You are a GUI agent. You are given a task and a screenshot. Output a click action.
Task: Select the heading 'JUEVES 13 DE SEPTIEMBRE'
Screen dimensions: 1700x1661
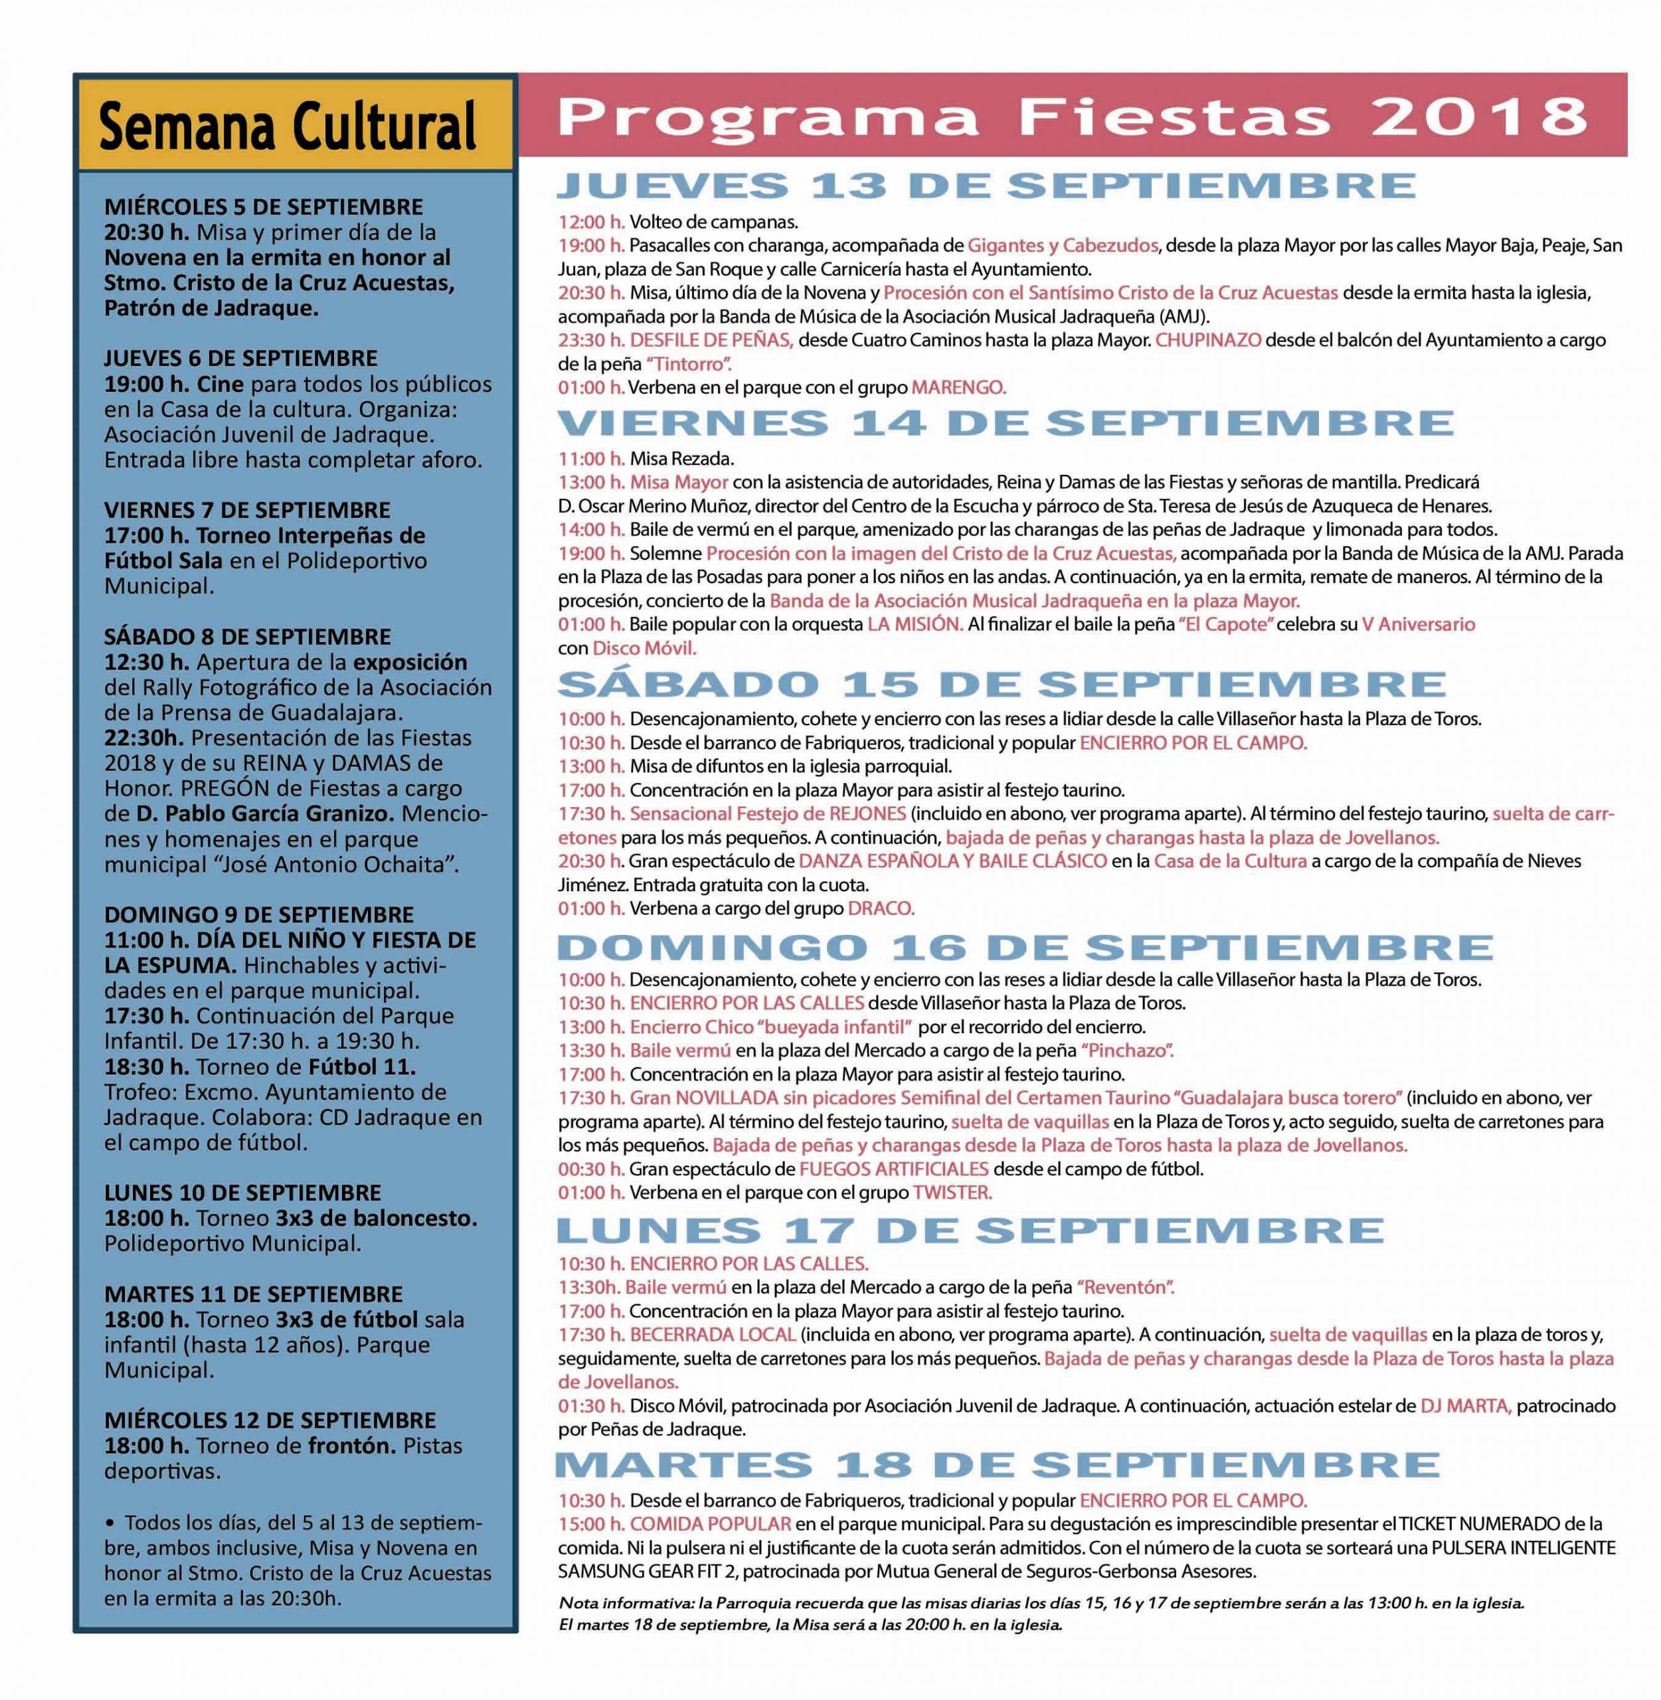[986, 186]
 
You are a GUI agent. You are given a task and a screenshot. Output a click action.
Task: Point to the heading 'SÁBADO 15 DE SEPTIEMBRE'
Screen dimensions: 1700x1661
[1002, 684]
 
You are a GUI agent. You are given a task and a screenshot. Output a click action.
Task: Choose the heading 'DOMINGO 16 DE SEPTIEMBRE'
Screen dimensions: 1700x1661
[1025, 946]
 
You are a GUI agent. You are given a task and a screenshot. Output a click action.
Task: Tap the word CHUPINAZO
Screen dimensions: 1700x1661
[1207, 340]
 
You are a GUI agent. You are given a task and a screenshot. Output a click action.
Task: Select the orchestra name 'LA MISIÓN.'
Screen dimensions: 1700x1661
[915, 624]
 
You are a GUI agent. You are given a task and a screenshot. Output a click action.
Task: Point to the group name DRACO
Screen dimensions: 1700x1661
[880, 908]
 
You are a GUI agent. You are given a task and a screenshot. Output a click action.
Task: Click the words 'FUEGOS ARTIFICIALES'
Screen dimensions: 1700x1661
[893, 1169]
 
